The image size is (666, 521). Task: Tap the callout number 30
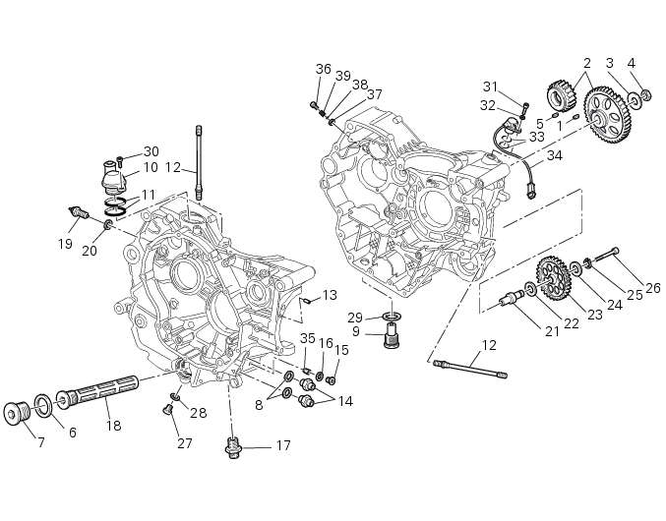point(151,150)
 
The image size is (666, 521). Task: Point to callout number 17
point(282,445)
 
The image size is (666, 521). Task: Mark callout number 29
point(355,317)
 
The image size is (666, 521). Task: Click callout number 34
point(555,155)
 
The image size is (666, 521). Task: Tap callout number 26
point(652,287)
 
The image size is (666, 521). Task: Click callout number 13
point(330,295)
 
